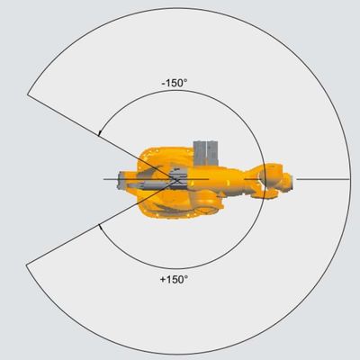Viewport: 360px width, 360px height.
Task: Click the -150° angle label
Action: [175, 83]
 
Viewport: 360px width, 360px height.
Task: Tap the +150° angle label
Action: [174, 279]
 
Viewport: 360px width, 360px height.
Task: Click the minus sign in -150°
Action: [163, 84]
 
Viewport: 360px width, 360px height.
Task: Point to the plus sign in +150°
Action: [163, 280]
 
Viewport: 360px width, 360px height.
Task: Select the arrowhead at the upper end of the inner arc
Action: [99, 133]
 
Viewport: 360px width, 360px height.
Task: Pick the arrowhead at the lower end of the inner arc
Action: [100, 226]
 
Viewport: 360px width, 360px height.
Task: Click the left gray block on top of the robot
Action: [200, 153]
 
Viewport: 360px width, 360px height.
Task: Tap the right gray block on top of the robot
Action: [212, 153]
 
